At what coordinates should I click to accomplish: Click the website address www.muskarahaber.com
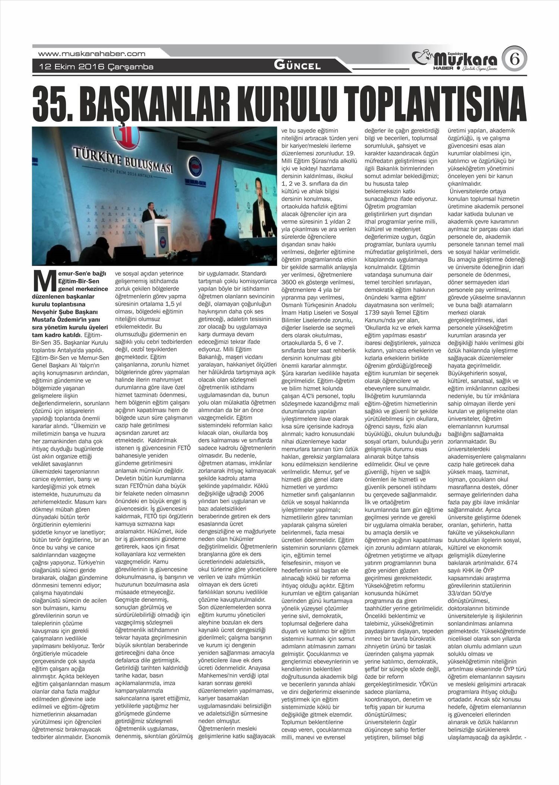[92, 54]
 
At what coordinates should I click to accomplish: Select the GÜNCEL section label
[297, 66]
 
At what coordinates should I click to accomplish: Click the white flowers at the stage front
[171, 254]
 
